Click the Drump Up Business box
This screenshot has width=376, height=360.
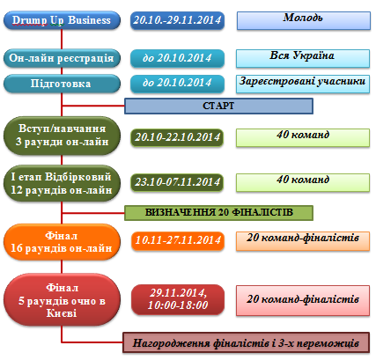62,20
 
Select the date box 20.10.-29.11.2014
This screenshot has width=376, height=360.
177,20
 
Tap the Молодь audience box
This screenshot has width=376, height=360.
304,20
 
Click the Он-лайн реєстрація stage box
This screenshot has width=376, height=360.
62,58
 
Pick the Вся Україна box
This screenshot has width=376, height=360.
303,58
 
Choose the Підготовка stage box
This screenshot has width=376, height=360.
62,84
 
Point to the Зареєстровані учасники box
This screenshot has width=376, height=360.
303,84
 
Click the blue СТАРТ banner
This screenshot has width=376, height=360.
218,106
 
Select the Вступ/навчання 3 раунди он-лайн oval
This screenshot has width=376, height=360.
62,136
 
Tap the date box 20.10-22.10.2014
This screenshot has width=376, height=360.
177,137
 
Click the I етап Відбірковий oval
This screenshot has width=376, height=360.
62,183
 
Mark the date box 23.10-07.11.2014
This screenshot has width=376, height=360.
177,182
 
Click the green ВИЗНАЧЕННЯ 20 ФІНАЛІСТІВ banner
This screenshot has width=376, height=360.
218,213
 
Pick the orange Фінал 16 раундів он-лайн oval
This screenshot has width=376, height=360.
62,242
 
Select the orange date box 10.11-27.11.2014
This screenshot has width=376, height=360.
178,240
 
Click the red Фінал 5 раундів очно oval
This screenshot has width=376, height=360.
62,300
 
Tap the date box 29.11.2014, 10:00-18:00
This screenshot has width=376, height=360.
178,299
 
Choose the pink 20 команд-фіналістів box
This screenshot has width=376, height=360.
303,301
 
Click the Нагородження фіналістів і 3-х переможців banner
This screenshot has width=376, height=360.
246,342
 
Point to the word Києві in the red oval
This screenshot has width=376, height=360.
62,313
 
